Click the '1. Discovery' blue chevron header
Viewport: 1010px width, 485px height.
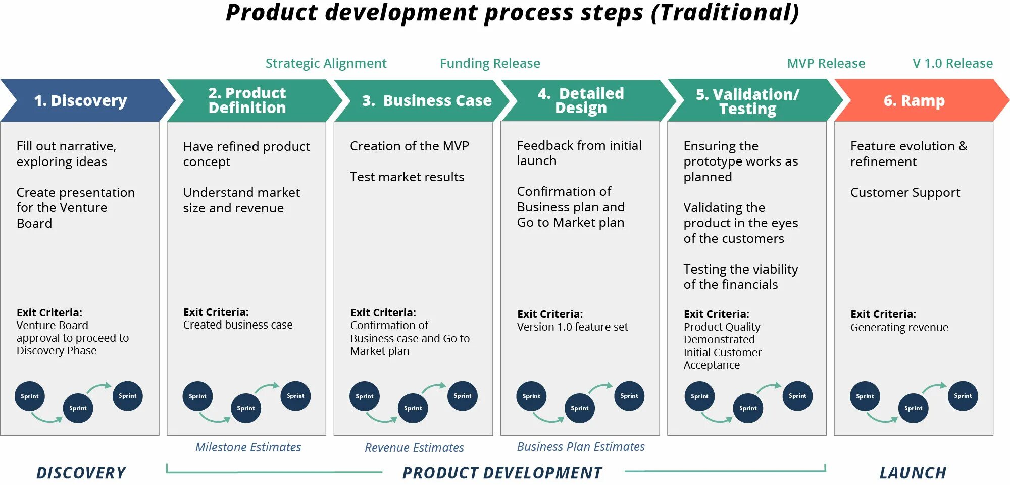[81, 100]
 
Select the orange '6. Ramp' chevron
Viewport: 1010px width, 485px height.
[914, 100]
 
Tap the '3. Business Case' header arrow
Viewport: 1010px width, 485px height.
[426, 100]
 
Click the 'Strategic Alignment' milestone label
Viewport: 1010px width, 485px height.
[326, 63]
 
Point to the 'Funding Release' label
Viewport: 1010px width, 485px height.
[490, 63]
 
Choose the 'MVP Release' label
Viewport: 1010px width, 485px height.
[826, 63]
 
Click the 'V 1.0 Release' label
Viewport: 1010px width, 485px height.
[952, 63]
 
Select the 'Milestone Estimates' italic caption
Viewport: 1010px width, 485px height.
[248, 447]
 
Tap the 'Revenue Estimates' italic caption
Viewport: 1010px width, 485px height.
[414, 447]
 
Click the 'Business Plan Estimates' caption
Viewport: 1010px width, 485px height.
[581, 446]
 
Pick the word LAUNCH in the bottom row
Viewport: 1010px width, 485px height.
[913, 473]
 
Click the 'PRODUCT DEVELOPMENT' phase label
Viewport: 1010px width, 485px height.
[502, 473]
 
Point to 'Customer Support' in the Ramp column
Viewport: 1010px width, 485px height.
[905, 192]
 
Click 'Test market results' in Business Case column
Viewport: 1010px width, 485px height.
[407, 177]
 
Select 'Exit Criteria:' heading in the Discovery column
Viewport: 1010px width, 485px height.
[49, 312]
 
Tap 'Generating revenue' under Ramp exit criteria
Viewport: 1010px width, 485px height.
[899, 327]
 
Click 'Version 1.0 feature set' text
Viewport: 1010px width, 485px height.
[572, 327]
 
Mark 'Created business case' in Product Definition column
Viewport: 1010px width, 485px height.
[238, 325]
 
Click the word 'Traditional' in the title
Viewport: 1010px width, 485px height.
[724, 12]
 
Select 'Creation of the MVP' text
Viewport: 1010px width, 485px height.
[410, 146]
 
